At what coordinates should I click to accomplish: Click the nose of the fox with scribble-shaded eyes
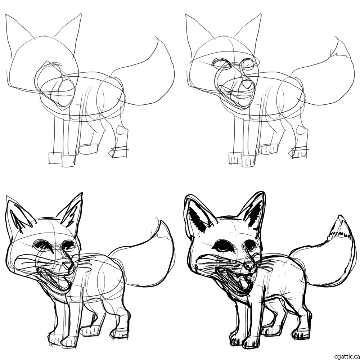click(x=68, y=266)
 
